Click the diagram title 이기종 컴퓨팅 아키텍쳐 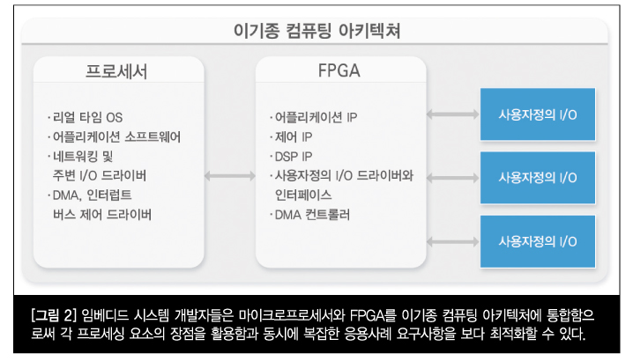pyautogui.click(x=316, y=31)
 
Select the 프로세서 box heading pyautogui.click(x=116, y=71)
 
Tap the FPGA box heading pyautogui.click(x=339, y=70)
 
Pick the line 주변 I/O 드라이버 pyautogui.click(x=100, y=175)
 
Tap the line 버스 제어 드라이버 pyautogui.click(x=102, y=215)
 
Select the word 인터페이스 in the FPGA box pyautogui.click(x=303, y=195)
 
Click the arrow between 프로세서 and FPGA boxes pyautogui.click(x=230, y=176)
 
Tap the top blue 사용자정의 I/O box pyautogui.click(x=538, y=114)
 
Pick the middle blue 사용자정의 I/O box pyautogui.click(x=538, y=178)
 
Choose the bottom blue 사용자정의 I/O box pyautogui.click(x=538, y=241)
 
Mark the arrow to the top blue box pyautogui.click(x=453, y=114)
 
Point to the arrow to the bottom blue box pyautogui.click(x=453, y=242)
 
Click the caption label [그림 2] pyautogui.click(x=54, y=315)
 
